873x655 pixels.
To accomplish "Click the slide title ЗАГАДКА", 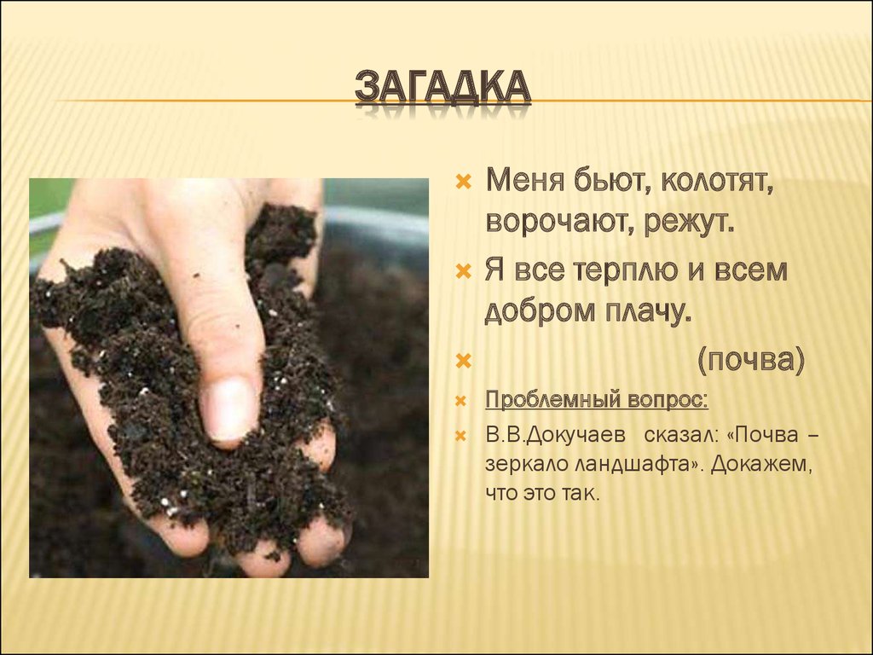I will [442, 92].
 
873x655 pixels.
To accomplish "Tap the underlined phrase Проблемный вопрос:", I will [597, 399].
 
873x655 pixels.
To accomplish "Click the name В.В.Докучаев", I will [555, 435].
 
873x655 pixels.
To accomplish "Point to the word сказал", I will [681, 435].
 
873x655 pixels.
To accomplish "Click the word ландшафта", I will [629, 465].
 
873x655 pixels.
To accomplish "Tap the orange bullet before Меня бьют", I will [464, 183].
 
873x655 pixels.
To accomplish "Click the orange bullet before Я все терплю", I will [464, 271].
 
